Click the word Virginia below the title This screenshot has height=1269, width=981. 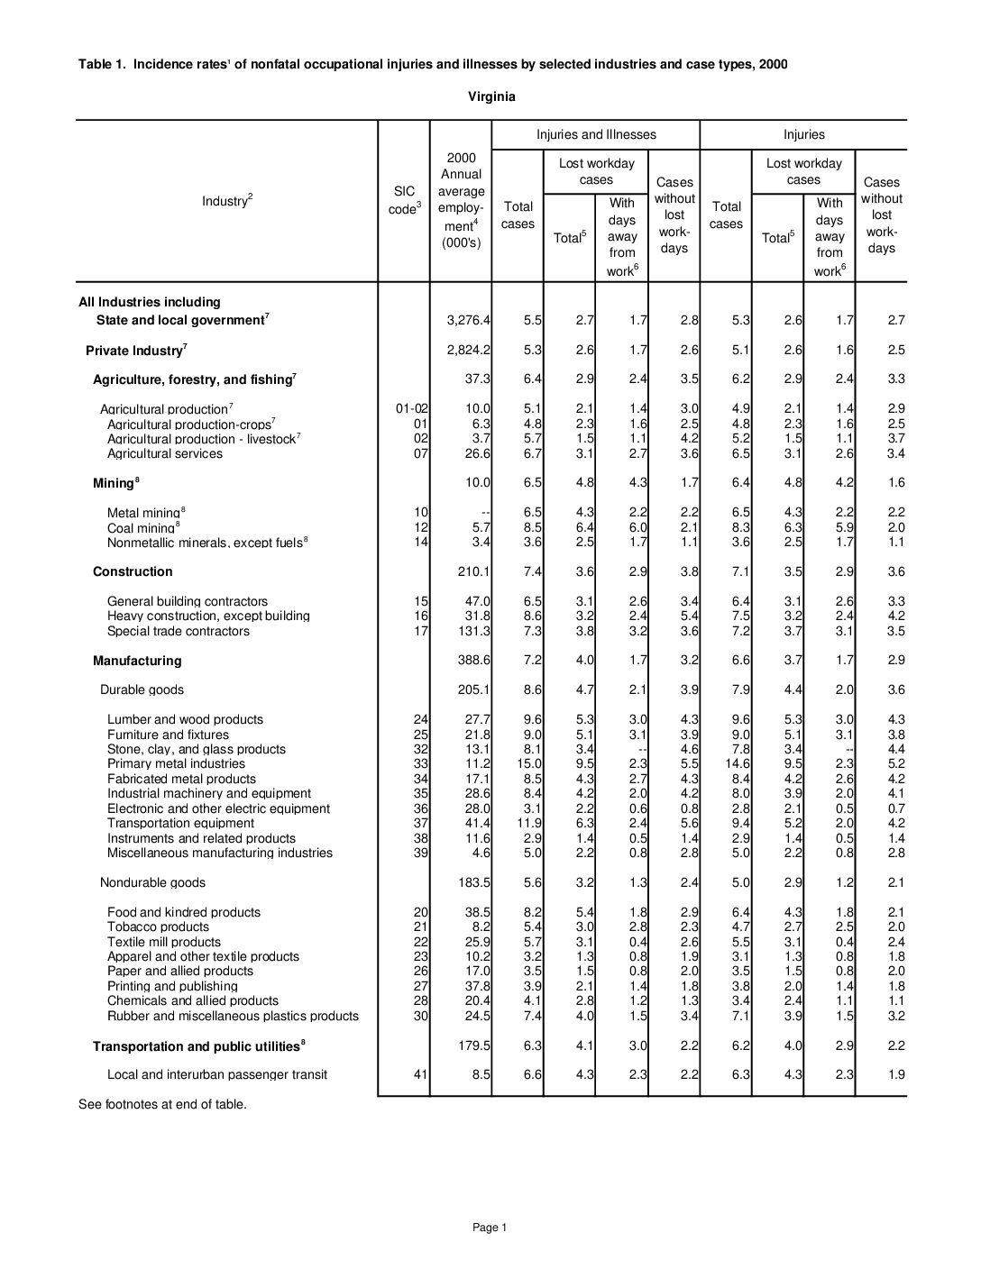click(491, 97)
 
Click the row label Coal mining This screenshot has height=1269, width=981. click(141, 528)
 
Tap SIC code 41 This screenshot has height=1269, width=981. click(421, 1074)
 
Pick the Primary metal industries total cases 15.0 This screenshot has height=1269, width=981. click(528, 764)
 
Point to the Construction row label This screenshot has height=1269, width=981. click(133, 571)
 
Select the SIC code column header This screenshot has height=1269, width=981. click(405, 200)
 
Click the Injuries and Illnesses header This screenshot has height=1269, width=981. click(596, 135)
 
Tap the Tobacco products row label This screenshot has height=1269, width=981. click(158, 927)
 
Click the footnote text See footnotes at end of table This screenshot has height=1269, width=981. click(162, 1104)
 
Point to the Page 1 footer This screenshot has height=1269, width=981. click(490, 1227)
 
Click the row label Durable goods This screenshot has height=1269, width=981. click(142, 689)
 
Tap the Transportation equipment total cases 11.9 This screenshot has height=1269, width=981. click(528, 823)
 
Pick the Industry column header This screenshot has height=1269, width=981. click(227, 201)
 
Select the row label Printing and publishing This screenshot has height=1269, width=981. click(172, 986)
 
